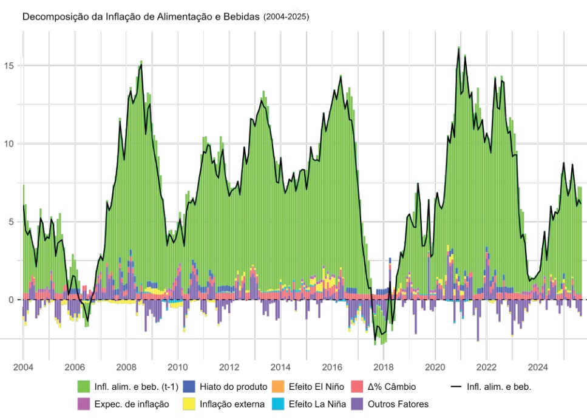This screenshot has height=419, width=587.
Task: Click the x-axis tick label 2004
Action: point(23,367)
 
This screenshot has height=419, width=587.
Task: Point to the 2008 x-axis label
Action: point(126,367)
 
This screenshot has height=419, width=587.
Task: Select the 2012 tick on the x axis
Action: point(229,367)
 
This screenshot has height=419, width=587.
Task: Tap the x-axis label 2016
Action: point(332,367)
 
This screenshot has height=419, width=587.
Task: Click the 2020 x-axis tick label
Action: point(435,367)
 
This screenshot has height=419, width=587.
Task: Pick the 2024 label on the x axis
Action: point(538,367)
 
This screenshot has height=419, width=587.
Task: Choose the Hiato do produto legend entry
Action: point(234,387)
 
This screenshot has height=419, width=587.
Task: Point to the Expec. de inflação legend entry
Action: point(131,404)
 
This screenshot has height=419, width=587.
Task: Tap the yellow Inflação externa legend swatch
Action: point(190,404)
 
